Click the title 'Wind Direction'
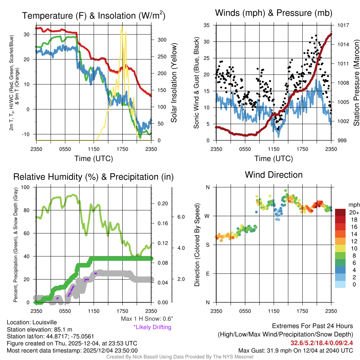pyautogui.click(x=274, y=175)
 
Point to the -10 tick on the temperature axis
pyautogui.click(x=27, y=134)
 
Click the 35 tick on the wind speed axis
pyautogui.click(x=207, y=25)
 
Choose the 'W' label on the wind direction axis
pyautogui.click(x=207, y=216)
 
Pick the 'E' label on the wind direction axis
pyautogui.click(x=207, y=274)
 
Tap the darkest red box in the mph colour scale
pyautogui.click(x=341, y=213)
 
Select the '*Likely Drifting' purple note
pyautogui.click(x=152, y=327)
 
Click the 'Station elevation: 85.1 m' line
pyautogui.click(x=39, y=329)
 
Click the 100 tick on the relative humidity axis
pyautogui.click(x=25, y=187)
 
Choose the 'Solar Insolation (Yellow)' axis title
pyautogui.click(x=174, y=83)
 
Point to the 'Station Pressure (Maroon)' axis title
pyautogui.click(x=356, y=83)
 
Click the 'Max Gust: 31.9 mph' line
pyautogui.click(x=295, y=350)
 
